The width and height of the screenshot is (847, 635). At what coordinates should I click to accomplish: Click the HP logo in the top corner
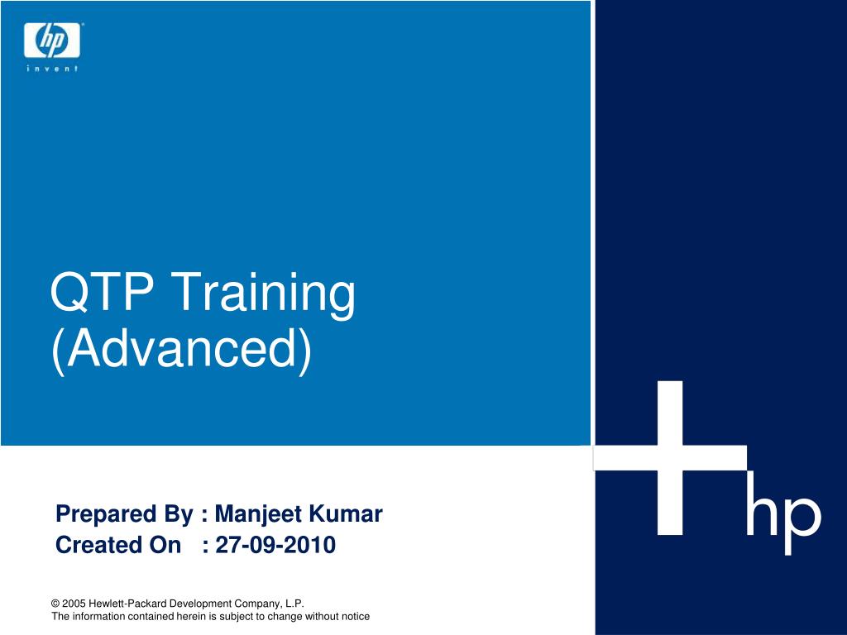click(52, 40)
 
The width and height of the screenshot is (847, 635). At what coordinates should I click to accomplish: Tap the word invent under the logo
click(52, 69)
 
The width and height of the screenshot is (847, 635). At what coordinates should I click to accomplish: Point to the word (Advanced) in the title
click(182, 350)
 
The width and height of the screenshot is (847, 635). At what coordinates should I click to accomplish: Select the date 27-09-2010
click(275, 545)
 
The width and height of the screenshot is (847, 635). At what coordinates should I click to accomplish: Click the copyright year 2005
click(74, 604)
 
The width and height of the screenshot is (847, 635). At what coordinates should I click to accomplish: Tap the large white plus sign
click(670, 458)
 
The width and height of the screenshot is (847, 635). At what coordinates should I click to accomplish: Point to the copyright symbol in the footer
click(55, 604)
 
